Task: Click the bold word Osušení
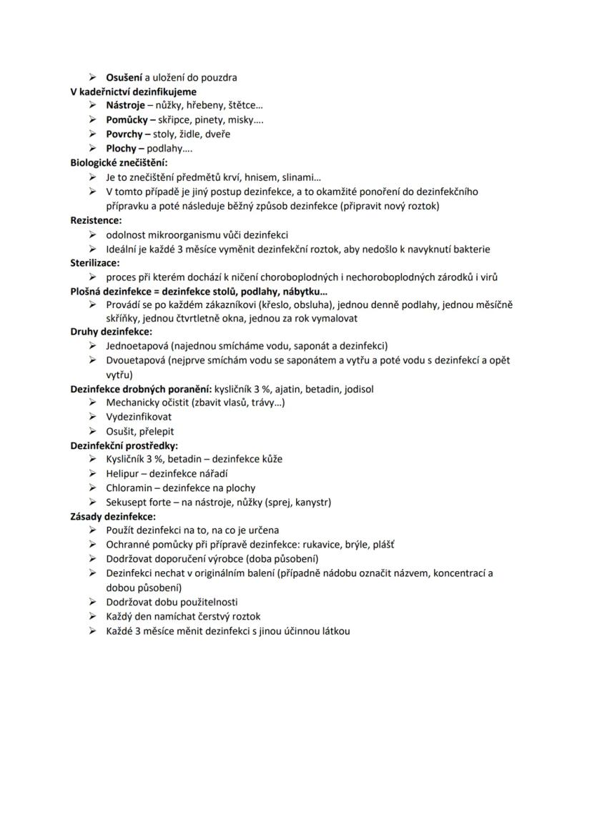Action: tap(124, 77)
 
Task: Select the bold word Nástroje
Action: tap(125, 105)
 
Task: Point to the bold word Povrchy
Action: tap(124, 134)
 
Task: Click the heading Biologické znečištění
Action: tap(119, 162)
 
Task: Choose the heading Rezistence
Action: tap(96, 220)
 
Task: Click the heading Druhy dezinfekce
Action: tap(111, 332)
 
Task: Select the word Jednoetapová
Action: tap(136, 346)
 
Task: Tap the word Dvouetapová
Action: tap(135, 360)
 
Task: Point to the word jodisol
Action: tap(359, 389)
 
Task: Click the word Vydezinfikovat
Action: tap(139, 417)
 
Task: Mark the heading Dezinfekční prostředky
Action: tap(124, 445)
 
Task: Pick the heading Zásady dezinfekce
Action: tap(113, 515)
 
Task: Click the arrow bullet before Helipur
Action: tap(93, 473)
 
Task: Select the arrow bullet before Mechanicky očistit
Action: tap(93, 402)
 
